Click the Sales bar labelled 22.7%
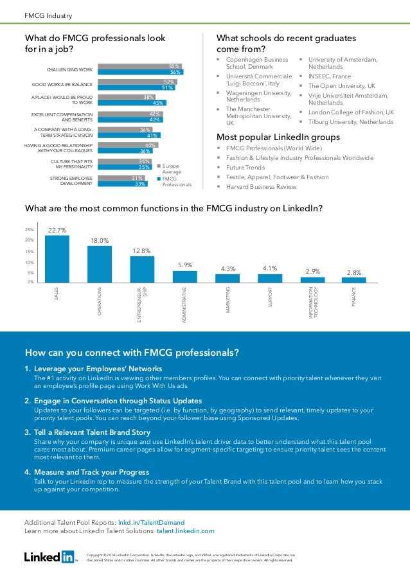(57, 258)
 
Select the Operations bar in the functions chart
(99, 263)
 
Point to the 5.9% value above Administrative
(185, 265)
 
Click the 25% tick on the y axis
(29, 229)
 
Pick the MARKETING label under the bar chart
(227, 301)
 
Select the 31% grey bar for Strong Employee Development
(124, 178)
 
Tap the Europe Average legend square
(159, 166)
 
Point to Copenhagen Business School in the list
(258, 63)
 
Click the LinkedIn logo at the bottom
(49, 556)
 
